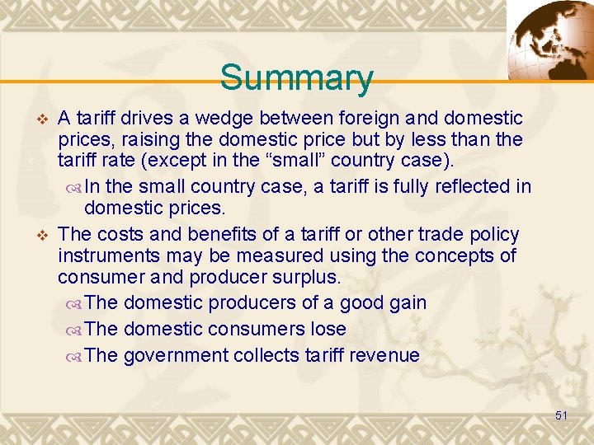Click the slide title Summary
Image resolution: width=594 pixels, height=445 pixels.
coord(296,78)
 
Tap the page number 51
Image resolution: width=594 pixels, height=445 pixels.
coord(561,415)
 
